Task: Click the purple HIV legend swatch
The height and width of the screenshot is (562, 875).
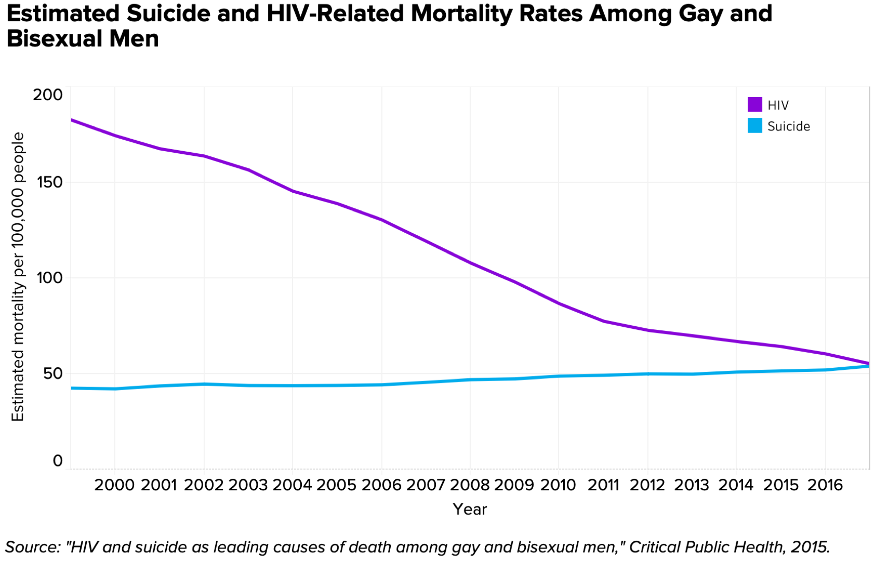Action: tap(754, 104)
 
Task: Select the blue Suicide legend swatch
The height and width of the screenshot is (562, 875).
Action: tap(754, 126)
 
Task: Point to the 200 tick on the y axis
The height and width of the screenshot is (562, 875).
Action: tap(47, 95)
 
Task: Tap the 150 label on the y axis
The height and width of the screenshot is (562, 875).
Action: tap(47, 183)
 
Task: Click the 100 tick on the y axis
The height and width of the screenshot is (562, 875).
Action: tap(47, 278)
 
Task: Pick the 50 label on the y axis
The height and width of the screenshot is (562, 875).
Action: tap(49, 373)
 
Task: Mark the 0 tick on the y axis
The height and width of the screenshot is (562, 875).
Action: tap(57, 461)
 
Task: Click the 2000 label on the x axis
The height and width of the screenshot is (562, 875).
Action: tap(114, 485)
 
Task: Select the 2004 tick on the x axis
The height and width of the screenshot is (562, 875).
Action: tap(292, 485)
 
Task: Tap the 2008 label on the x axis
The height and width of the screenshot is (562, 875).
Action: tap(470, 485)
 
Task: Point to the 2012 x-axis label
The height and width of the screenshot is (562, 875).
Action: tap(647, 485)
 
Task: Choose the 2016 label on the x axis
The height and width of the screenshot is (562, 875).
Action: tap(825, 485)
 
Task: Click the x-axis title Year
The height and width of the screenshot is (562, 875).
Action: tap(470, 509)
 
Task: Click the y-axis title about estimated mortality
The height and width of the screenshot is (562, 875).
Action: tap(18, 276)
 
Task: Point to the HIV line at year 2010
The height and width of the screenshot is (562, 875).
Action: tap(559, 303)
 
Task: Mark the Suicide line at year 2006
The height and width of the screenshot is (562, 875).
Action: tap(381, 385)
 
